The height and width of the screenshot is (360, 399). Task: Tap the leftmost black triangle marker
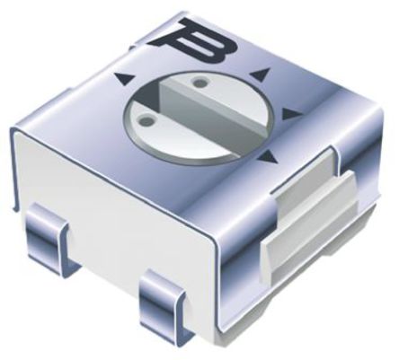[122, 79]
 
